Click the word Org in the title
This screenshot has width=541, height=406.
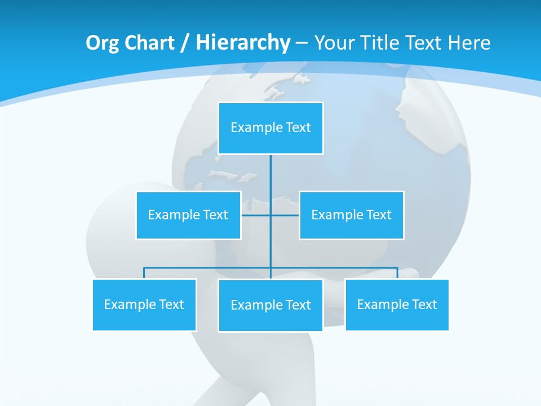point(101,43)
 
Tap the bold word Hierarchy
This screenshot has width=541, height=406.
point(243,43)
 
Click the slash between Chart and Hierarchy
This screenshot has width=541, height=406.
point(185,43)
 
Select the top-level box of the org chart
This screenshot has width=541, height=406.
point(270,128)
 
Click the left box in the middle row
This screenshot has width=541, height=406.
point(188,215)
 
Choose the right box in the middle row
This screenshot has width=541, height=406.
point(351,215)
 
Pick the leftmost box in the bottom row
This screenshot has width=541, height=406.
point(144,304)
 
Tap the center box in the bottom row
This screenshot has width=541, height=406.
point(270,305)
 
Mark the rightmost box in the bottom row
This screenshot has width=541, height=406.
point(397,304)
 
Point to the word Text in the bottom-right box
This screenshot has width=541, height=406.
point(424,304)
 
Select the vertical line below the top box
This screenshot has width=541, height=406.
point(270,175)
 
